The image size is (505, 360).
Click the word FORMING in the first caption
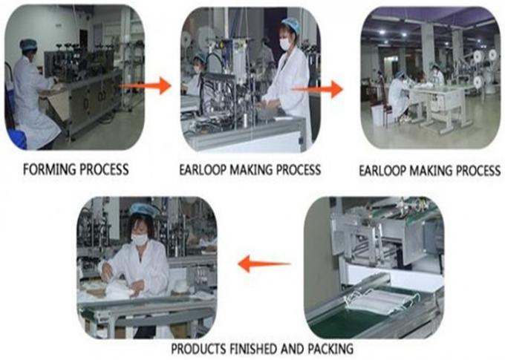(49, 169)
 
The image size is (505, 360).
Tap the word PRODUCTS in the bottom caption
(198, 349)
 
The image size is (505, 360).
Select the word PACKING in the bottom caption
(330, 349)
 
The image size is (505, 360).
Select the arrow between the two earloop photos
(317, 89)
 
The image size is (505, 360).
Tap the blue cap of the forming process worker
(28, 45)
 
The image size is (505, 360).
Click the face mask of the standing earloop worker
(284, 45)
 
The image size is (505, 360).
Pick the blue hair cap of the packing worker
(144, 210)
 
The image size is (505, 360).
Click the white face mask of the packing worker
(140, 239)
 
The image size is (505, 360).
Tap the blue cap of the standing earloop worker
(291, 24)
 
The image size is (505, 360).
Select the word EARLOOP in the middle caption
(203, 170)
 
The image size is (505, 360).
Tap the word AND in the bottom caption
(292, 349)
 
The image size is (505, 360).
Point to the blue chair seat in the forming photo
(16, 139)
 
